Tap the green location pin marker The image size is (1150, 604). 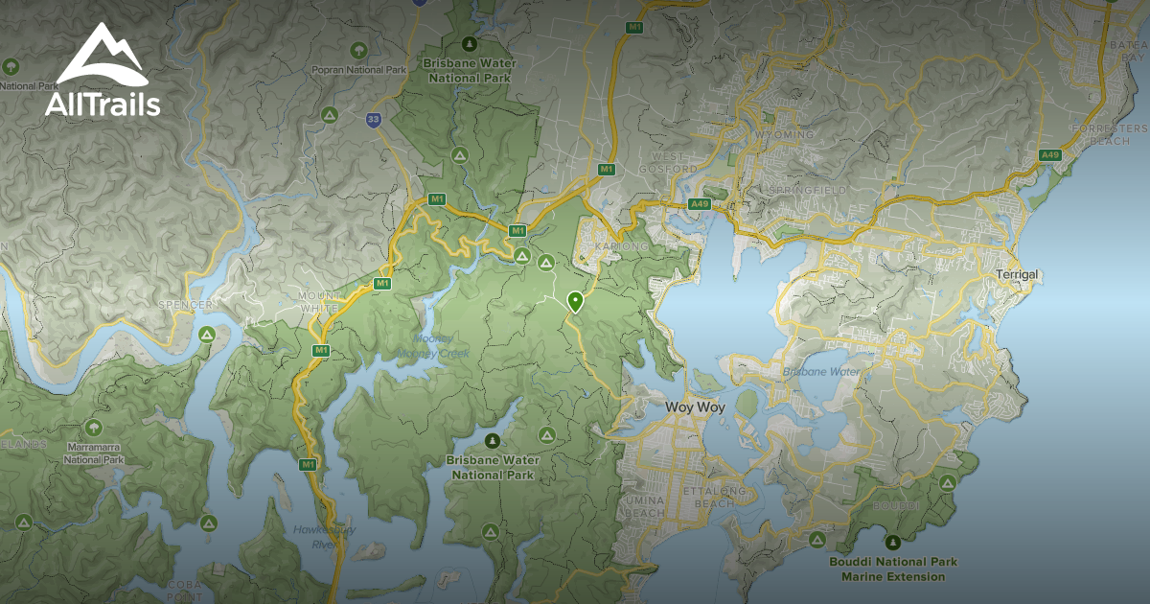[x=575, y=302]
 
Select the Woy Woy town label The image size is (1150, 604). [x=695, y=407]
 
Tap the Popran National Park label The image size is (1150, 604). [x=358, y=70]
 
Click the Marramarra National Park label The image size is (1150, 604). [x=94, y=453]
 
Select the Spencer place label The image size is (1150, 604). [x=189, y=305]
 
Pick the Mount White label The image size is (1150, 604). [x=319, y=301]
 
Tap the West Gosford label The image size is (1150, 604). [x=675, y=163]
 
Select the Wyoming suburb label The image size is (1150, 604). [x=784, y=135]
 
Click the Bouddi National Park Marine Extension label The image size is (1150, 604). [x=893, y=569]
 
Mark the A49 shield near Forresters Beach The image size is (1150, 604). [x=1050, y=154]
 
